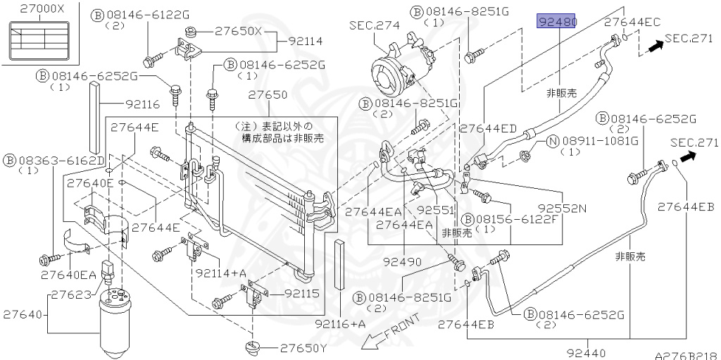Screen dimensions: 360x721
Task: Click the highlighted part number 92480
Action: click(556, 22)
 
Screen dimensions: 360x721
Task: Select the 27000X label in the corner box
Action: click(42, 10)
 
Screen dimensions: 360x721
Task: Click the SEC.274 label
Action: click(374, 25)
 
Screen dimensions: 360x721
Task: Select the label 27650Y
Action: click(303, 348)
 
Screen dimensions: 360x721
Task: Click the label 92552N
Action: click(562, 209)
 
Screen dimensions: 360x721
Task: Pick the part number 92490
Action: click(403, 262)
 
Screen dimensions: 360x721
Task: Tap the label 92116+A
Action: click(340, 324)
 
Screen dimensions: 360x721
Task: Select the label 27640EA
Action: click(68, 275)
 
